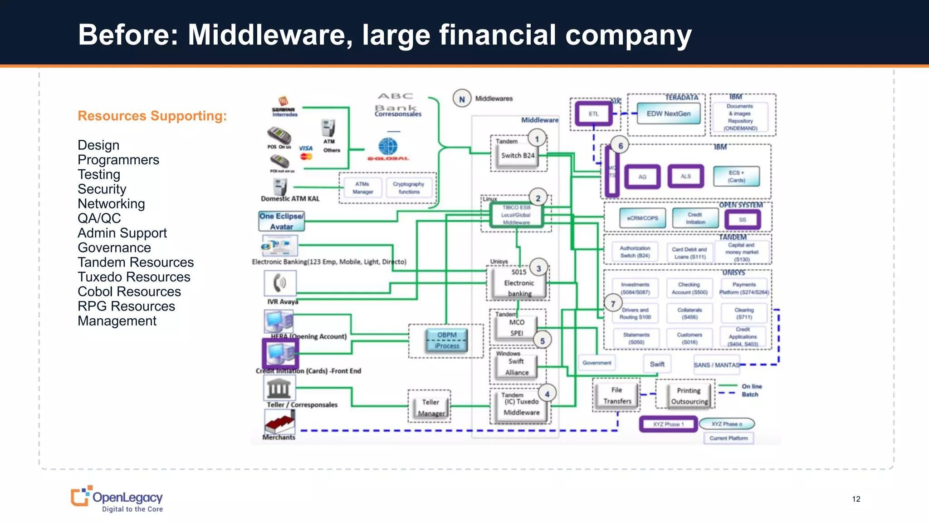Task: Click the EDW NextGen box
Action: (x=668, y=113)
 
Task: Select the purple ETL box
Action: (x=593, y=113)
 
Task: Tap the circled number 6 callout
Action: (x=620, y=146)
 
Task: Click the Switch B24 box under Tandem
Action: (x=518, y=156)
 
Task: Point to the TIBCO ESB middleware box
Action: (x=516, y=215)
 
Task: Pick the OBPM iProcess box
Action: (x=447, y=340)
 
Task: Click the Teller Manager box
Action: (x=430, y=407)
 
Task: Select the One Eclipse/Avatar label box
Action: (x=281, y=221)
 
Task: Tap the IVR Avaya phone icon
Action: (x=280, y=283)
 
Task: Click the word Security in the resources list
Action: (x=102, y=189)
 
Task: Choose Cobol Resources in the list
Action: (x=129, y=291)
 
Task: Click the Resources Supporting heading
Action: (x=152, y=116)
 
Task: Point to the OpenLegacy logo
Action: (x=117, y=499)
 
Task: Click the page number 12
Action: (x=856, y=499)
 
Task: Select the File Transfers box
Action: (x=616, y=395)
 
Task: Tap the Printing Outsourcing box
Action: (x=689, y=396)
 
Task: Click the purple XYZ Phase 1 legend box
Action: (x=668, y=424)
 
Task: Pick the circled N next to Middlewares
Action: (x=462, y=99)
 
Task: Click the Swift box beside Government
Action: (x=657, y=364)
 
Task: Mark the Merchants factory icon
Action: (x=279, y=422)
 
